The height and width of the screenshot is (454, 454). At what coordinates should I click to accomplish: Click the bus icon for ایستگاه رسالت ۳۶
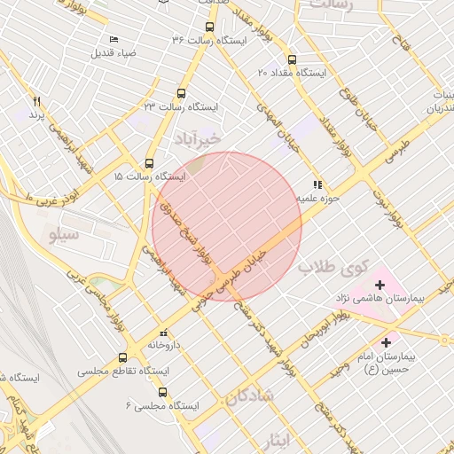(209, 27)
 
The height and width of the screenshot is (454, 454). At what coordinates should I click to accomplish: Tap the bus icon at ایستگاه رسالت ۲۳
(182, 93)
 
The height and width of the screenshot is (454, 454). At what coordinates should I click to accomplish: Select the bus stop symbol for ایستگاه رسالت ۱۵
(149, 164)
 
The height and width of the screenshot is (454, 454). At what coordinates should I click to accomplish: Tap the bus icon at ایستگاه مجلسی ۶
(162, 392)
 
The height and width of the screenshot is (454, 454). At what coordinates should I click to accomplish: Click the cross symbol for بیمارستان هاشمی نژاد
(380, 285)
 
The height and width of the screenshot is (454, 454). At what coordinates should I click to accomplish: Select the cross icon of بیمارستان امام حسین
(386, 342)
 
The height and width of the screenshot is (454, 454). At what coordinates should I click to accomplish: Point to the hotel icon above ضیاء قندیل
(113, 40)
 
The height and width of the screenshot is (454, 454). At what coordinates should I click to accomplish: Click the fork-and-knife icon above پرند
(36, 101)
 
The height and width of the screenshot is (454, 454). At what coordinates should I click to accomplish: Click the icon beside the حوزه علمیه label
(317, 184)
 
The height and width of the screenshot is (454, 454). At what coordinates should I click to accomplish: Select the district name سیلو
(67, 235)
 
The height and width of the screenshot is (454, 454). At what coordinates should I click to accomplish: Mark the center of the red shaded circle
(227, 226)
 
